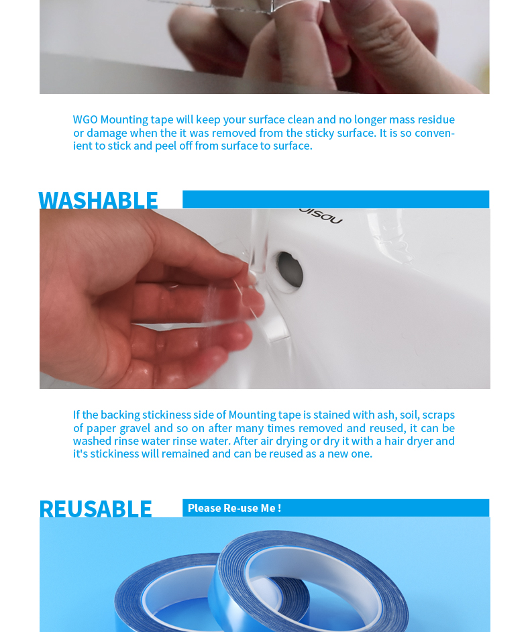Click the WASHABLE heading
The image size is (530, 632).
pos(98,200)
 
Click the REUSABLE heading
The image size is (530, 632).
pos(95,509)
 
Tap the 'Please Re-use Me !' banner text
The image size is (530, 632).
pos(234,508)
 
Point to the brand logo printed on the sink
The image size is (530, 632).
pos(321,215)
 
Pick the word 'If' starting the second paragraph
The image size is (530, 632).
pos(76,415)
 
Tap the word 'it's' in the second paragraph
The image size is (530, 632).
pos(81,454)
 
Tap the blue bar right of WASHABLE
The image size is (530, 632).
pos(335,199)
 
